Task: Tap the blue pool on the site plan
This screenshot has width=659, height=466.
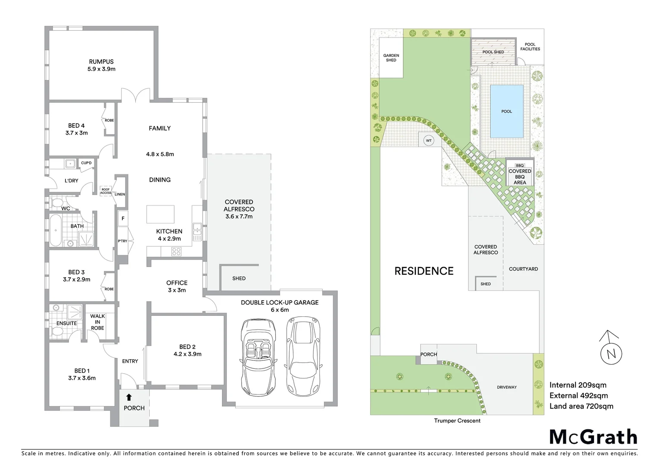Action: pyautogui.click(x=506, y=111)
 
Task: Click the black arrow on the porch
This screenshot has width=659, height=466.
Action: pyautogui.click(x=129, y=397)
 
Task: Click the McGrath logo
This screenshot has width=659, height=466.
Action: pyautogui.click(x=593, y=437)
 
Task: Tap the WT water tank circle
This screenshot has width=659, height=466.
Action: pyautogui.click(x=428, y=141)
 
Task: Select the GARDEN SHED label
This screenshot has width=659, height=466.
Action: pyautogui.click(x=391, y=58)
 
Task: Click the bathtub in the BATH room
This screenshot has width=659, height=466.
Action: pyautogui.click(x=55, y=231)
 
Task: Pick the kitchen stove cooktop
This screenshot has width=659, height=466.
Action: pyautogui.click(x=176, y=251)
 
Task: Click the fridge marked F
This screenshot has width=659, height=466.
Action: pyautogui.click(x=123, y=219)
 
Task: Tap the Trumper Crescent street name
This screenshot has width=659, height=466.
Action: pyautogui.click(x=457, y=421)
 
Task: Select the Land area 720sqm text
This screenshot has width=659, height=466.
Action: pyautogui.click(x=581, y=406)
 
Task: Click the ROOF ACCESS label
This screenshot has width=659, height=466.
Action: pyautogui.click(x=106, y=191)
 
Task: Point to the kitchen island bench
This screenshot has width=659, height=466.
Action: pyautogui.click(x=160, y=214)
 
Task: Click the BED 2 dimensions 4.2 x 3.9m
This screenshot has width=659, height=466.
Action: pyautogui.click(x=187, y=354)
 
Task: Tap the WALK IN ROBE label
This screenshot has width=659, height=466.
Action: pyautogui.click(x=97, y=322)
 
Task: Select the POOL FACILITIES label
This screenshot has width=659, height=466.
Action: pyautogui.click(x=530, y=47)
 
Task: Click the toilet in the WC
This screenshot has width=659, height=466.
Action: pyautogui.click(x=56, y=202)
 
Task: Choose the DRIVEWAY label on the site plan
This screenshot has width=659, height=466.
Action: pyautogui.click(x=506, y=387)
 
